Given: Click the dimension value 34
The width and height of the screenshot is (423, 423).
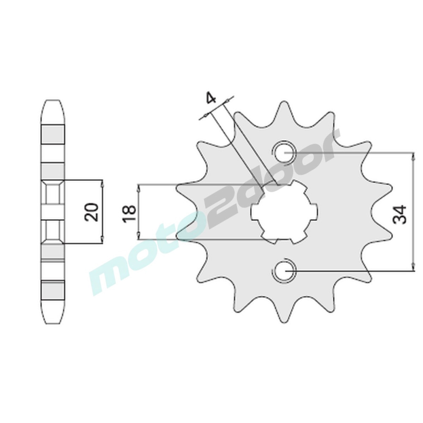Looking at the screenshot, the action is pyautogui.click(x=399, y=214).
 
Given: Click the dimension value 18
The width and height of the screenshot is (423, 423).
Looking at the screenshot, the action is pyautogui.click(x=129, y=214).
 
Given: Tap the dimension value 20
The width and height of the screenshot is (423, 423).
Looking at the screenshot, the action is pyautogui.click(x=92, y=212).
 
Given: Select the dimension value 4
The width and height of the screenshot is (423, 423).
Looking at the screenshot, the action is pyautogui.click(x=211, y=98).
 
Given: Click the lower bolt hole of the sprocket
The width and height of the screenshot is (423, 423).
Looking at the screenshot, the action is pyautogui.click(x=284, y=271).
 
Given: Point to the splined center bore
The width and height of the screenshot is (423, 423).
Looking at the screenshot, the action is pyautogui.click(x=284, y=212).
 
